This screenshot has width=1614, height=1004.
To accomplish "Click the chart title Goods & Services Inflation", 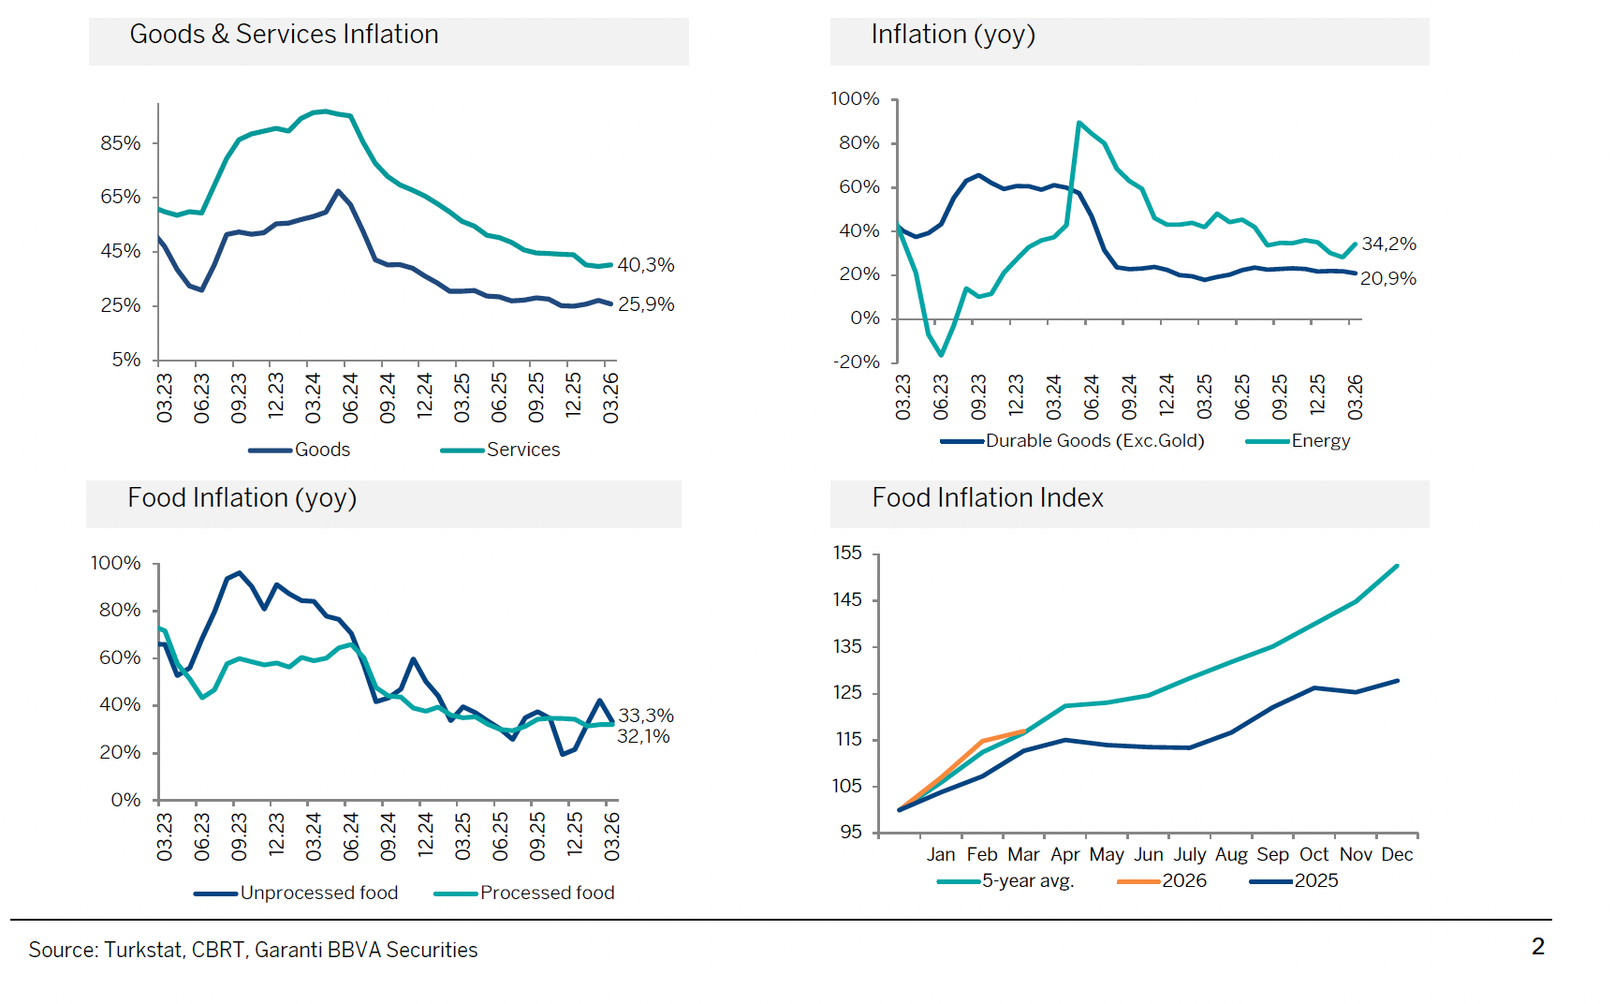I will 284,35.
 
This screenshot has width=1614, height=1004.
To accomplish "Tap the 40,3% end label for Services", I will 645,265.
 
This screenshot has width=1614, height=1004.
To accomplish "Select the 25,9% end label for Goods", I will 645,304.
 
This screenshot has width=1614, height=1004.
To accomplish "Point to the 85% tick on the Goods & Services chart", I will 121,143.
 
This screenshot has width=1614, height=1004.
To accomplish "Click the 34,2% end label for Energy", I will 1388,244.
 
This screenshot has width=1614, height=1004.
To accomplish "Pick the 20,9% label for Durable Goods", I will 1387,278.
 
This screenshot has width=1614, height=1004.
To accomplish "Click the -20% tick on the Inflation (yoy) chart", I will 857,362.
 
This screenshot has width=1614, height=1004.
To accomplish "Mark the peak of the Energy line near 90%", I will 1079,123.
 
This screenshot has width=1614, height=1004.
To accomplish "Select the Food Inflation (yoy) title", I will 242,498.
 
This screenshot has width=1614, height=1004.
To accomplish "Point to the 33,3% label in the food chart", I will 646,716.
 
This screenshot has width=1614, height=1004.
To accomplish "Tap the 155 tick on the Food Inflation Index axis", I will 847,553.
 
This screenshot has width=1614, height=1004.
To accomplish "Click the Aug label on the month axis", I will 1231,854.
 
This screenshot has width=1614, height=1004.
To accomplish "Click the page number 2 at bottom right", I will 1538,946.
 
